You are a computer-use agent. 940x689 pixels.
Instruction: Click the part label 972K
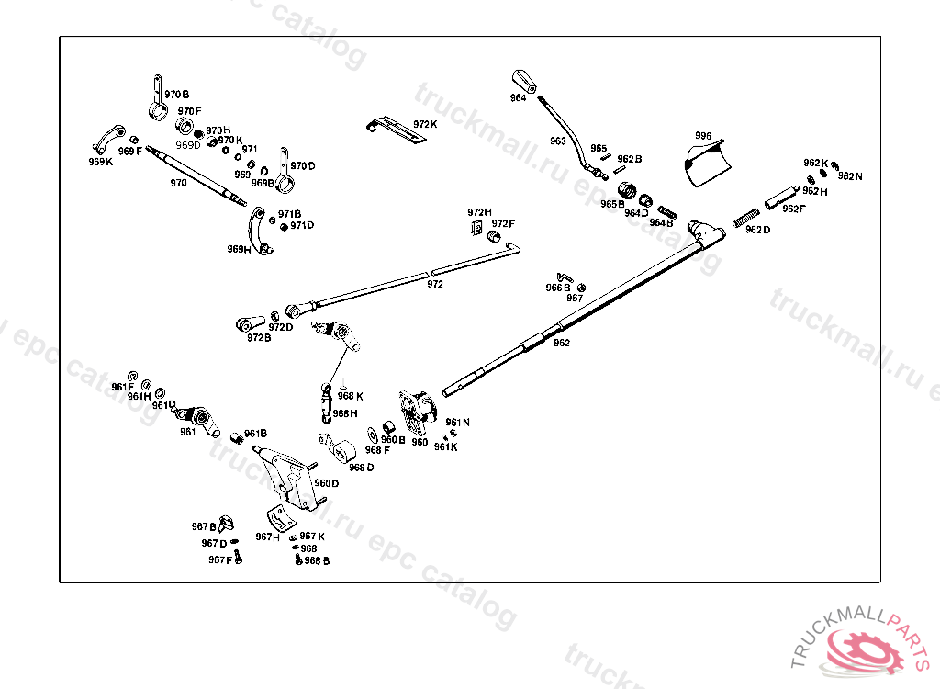(425, 124)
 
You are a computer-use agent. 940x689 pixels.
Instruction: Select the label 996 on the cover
(703, 136)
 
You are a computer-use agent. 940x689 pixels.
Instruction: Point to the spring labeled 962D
(749, 218)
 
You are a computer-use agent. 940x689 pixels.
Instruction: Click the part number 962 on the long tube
(562, 343)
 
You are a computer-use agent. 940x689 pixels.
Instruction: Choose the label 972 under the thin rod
(435, 285)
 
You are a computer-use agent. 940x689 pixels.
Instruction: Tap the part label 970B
(176, 95)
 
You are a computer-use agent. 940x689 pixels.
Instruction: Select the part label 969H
(240, 249)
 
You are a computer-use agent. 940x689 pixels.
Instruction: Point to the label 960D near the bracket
(327, 482)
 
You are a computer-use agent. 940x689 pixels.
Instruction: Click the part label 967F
(220, 559)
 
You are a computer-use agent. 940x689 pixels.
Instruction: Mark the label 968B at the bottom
(317, 560)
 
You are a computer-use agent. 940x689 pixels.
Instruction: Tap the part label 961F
(123, 387)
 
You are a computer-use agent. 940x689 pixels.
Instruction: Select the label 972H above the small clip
(480, 212)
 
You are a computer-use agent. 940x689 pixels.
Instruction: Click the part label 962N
(850, 175)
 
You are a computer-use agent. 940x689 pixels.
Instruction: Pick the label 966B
(558, 288)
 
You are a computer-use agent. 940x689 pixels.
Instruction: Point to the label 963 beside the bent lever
(558, 141)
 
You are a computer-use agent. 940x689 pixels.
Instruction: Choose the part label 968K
(351, 396)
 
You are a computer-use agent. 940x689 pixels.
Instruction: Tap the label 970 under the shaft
(178, 183)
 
